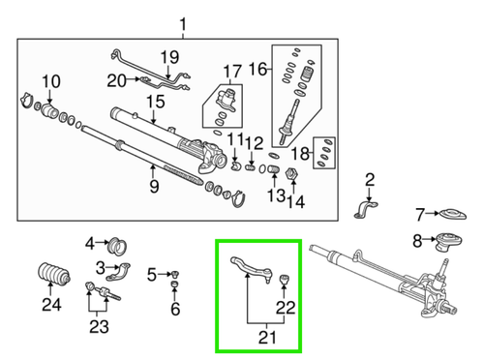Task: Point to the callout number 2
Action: point(370,180)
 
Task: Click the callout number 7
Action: point(420,214)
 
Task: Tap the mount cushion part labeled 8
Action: point(447,242)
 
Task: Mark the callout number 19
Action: point(169,56)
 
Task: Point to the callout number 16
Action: point(257,68)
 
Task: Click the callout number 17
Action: point(230,71)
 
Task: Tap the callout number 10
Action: point(50,80)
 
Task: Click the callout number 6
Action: point(175,310)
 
